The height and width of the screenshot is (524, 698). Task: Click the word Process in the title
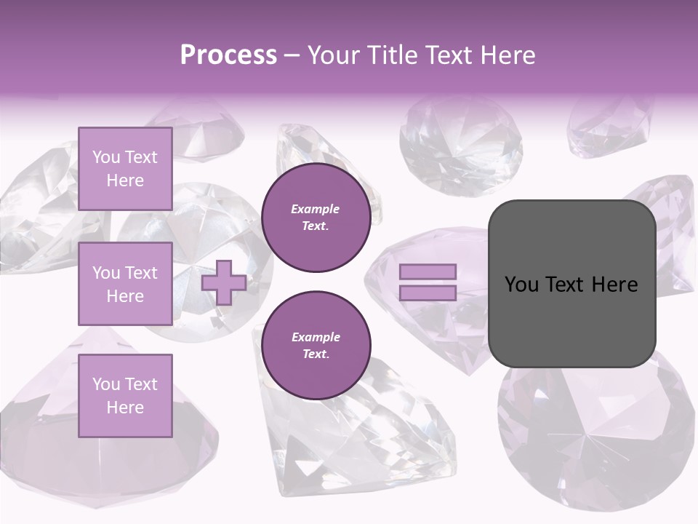[228, 55]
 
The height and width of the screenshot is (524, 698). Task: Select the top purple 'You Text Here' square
[125, 169]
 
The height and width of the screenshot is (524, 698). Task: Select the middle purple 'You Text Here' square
[125, 284]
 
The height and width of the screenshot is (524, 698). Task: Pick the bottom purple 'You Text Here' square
[125, 395]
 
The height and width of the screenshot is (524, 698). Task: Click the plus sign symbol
[224, 282]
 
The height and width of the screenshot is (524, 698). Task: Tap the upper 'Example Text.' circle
[316, 218]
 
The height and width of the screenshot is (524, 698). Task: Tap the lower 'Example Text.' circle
[316, 346]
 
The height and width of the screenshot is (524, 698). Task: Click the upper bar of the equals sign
[428, 271]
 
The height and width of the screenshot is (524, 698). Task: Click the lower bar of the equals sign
[428, 293]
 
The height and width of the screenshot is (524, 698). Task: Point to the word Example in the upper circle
[316, 209]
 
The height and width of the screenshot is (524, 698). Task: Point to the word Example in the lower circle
[316, 337]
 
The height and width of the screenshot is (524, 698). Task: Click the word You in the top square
[106, 157]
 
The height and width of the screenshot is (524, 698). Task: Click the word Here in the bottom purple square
[125, 408]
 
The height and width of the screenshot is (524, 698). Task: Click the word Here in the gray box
[614, 285]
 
